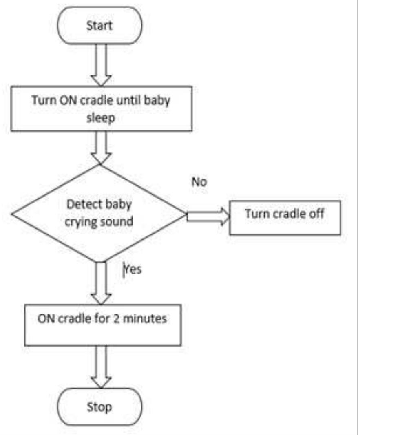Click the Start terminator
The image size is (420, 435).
100,25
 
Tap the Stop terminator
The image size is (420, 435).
100,406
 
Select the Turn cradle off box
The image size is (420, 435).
285,217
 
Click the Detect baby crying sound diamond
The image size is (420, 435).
99,213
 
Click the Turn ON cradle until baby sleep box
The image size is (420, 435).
101,108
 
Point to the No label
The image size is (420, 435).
199,182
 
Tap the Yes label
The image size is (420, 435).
133,269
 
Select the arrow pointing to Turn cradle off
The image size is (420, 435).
208,215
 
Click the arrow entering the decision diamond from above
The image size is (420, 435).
101,147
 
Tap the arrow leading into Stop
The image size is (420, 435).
101,366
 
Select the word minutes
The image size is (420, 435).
145,318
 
